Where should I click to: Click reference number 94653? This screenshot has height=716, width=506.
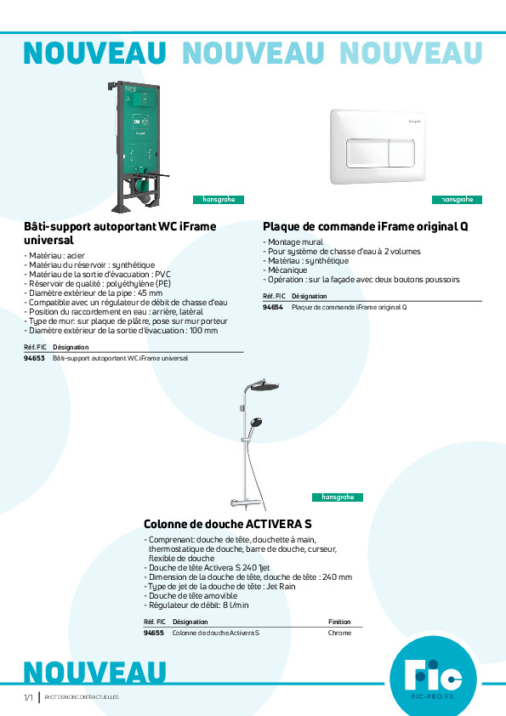[34, 358]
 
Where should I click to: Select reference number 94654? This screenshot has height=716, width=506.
[273, 306]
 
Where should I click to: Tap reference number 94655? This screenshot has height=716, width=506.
[154, 633]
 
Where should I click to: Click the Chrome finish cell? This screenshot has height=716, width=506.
[339, 633]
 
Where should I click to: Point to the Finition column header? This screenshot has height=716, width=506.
[339, 622]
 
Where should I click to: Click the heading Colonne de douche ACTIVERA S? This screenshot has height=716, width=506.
[227, 524]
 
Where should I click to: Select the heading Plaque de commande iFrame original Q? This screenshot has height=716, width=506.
[366, 227]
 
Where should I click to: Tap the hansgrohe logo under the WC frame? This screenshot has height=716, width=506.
[219, 200]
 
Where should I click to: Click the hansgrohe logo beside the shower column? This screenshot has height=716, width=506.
[338, 497]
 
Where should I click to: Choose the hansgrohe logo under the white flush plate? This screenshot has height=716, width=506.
[458, 200]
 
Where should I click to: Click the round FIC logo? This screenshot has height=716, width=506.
[433, 677]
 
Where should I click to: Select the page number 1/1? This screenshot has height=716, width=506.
[28, 697]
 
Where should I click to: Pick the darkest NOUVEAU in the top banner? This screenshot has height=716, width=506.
[94, 53]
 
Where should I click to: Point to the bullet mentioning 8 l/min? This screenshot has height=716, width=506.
[198, 605]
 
